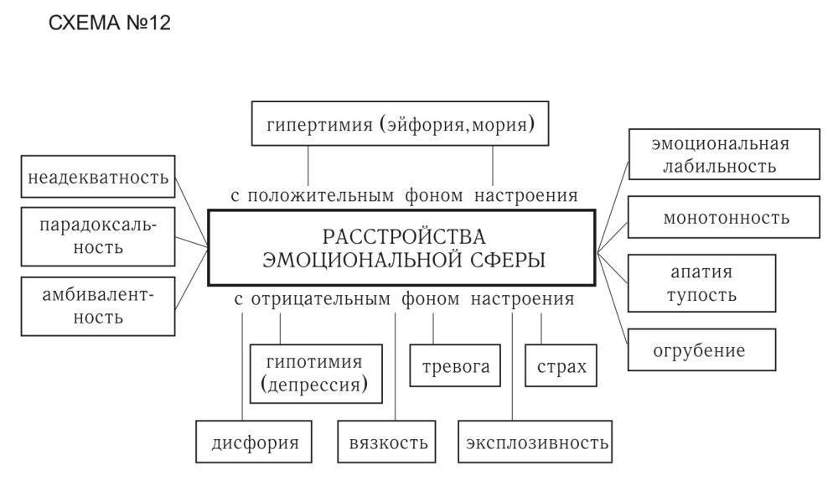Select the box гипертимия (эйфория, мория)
coord(401,124)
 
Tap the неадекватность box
coord(98,178)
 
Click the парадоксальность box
coord(98,236)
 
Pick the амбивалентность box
coord(98,306)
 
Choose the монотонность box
coord(726,218)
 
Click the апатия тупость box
coord(702,283)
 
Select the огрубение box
coord(701,349)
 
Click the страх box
coord(561,365)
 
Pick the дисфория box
coord(247,442)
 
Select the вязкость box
coord(388,442)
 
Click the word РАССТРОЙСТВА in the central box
coord(404,235)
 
